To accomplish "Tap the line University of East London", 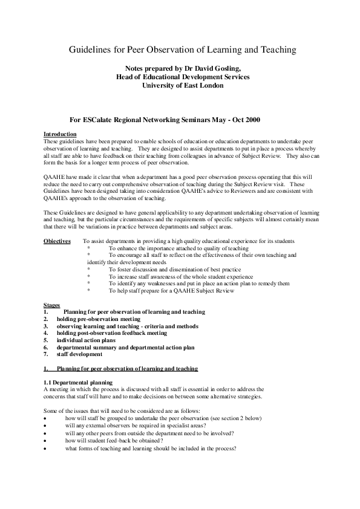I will [182, 85].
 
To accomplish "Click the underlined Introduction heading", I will [60, 134].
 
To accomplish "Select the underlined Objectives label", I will [58, 241].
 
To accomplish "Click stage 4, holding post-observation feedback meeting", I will [111, 333].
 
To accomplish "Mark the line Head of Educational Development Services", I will [182, 77].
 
